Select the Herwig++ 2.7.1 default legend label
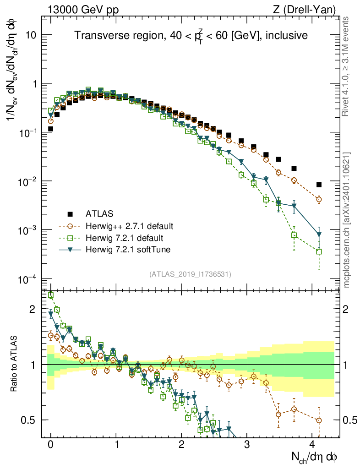point(130,226)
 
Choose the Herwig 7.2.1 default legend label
point(125,238)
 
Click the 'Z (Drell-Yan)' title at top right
point(305,9)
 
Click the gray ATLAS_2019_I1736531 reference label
point(190,274)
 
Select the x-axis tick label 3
point(247,444)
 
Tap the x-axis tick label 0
point(50,444)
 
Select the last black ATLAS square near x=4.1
point(319,185)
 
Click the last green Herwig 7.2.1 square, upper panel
point(319,251)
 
